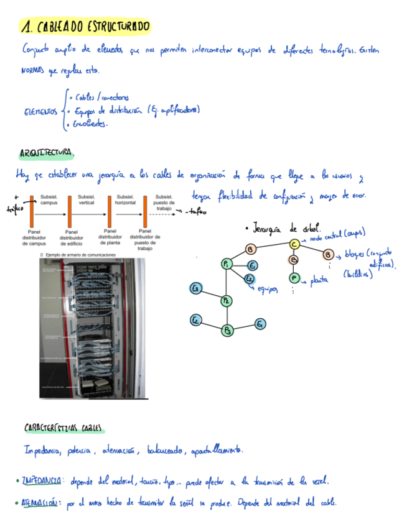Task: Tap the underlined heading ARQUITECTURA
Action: point(47,152)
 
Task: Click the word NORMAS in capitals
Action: point(33,71)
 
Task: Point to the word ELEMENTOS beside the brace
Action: point(40,111)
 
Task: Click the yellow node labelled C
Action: point(294,244)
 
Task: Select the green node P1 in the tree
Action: point(227,265)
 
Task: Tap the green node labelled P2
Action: point(227,300)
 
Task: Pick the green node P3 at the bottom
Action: point(228,329)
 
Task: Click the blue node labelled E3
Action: point(195,288)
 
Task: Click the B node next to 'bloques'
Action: point(328,254)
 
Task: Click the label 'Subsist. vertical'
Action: point(86,199)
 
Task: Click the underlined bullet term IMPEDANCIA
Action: point(41,481)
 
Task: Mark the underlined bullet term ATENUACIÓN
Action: point(40,503)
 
